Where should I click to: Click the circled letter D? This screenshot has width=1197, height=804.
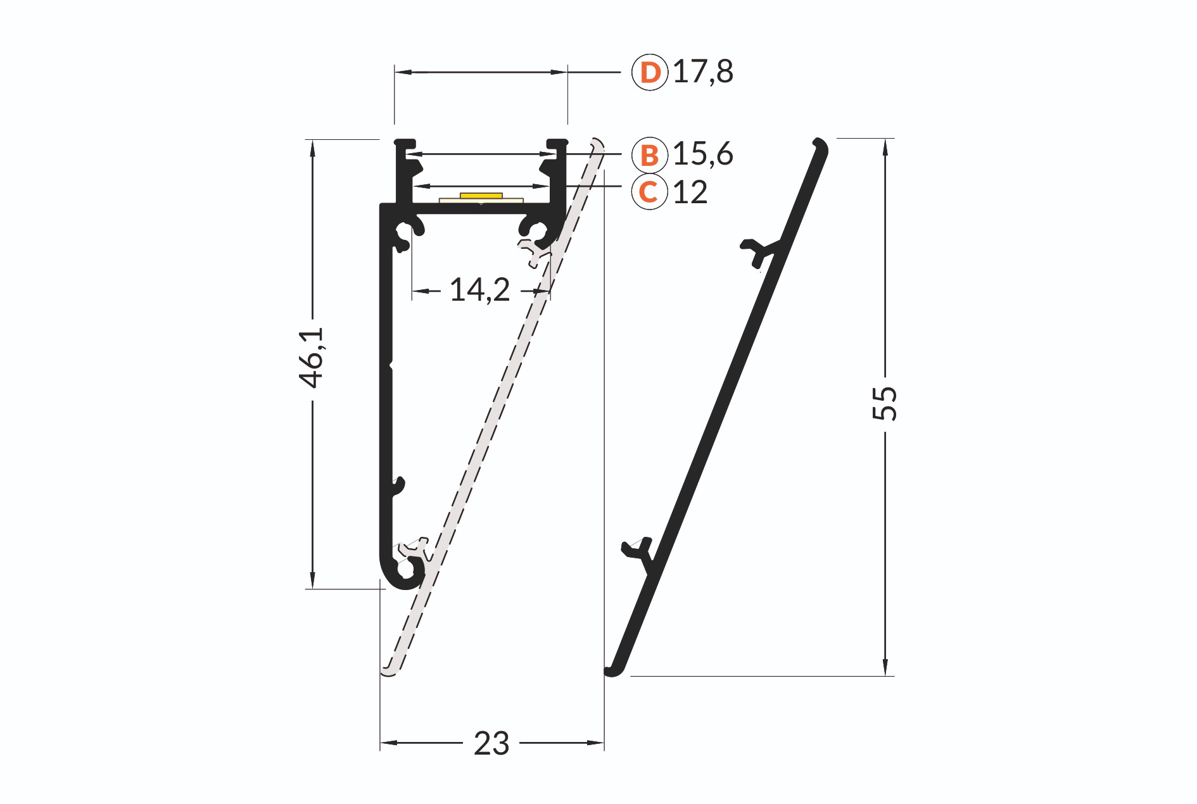pos(650,72)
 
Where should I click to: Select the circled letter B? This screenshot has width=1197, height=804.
pos(650,154)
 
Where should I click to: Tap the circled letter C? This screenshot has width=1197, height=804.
pos(650,192)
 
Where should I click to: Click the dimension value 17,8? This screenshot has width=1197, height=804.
pos(703,72)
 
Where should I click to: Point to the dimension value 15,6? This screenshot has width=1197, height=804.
pos(703,154)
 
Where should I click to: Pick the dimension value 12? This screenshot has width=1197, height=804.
pos(690,192)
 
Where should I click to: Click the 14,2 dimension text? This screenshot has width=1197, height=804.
pos(479,290)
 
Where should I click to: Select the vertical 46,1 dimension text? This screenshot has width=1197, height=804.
pos(312,358)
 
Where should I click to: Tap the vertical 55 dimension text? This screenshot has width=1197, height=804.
pos(885,403)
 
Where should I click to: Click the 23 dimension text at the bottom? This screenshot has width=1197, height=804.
pos(491,743)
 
